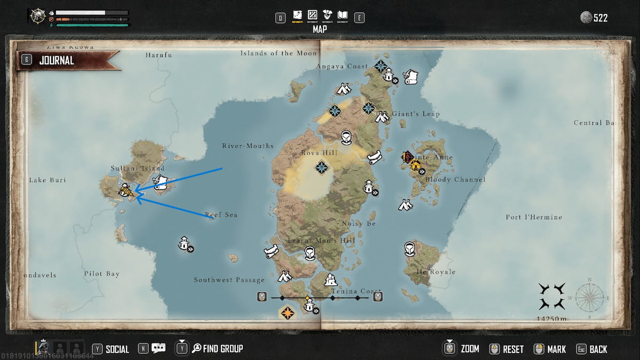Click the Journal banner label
[56, 61]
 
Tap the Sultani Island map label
[138, 169]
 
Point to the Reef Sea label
[221, 215]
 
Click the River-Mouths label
[247, 146]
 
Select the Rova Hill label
[319, 153]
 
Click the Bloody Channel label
[455, 180]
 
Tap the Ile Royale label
[436, 272]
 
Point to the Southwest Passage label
[229, 280]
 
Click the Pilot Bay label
[101, 274]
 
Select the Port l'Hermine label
[534, 218]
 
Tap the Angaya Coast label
[342, 67]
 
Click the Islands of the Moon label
[278, 53]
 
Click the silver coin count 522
[601, 18]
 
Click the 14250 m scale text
[552, 319]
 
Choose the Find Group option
[222, 349]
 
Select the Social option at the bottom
[117, 349]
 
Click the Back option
[598, 349]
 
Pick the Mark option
[556, 349]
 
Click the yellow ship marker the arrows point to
[126, 190]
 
